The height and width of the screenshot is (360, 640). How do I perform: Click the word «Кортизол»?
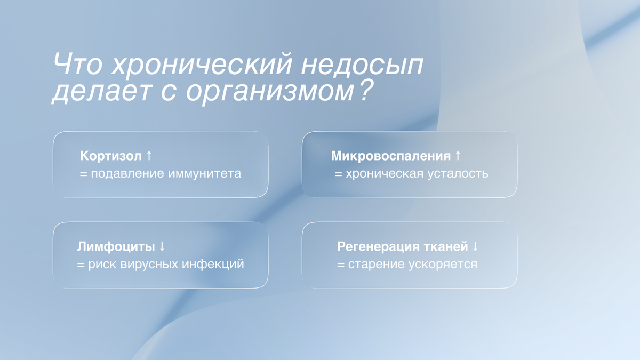(111, 156)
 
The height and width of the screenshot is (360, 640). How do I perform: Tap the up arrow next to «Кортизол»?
(149, 156)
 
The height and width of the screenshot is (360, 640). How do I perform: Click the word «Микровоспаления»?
(391, 156)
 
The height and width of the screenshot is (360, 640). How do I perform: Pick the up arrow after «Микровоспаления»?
(458, 156)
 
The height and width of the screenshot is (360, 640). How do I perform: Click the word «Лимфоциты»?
(116, 247)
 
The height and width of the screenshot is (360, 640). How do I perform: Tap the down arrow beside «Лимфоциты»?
(162, 247)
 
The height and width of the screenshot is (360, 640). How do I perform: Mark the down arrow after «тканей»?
(475, 247)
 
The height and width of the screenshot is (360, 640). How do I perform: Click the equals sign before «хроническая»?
(338, 174)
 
